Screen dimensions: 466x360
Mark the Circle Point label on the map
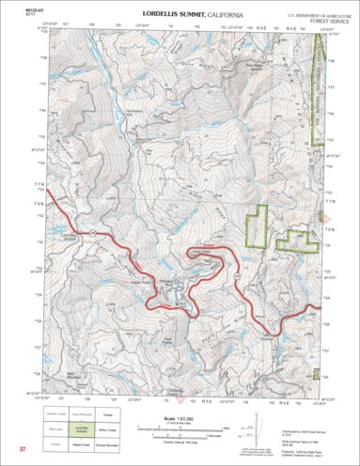(198, 250)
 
